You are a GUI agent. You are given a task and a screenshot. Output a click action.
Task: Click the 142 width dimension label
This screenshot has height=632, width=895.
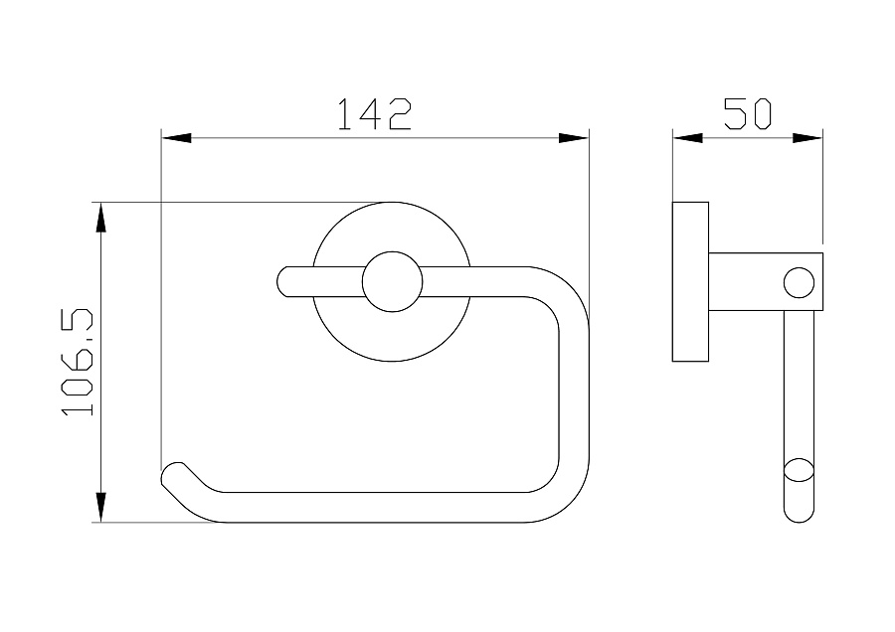pyautogui.click(x=375, y=114)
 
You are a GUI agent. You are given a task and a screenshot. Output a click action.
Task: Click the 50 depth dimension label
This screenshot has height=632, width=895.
pyautogui.click(x=747, y=113)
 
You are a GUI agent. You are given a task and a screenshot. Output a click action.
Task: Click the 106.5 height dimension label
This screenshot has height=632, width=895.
pyautogui.click(x=78, y=362)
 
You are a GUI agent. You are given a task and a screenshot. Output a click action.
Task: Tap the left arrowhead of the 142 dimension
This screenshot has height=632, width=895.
pyautogui.click(x=176, y=138)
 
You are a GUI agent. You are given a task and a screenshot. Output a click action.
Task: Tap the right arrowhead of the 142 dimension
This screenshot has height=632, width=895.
pyautogui.click(x=574, y=138)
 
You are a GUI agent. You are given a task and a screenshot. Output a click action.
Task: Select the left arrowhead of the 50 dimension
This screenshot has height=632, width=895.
pyautogui.click(x=687, y=138)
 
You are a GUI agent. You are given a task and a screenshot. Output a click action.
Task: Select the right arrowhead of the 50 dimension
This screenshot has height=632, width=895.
pyautogui.click(x=807, y=138)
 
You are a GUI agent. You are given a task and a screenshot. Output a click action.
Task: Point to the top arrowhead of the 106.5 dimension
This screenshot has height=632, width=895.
pyautogui.click(x=101, y=218)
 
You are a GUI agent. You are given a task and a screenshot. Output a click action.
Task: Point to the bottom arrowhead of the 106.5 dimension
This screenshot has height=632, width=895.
pyautogui.click(x=101, y=507)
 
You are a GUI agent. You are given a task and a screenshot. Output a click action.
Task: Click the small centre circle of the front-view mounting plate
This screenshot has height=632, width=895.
pyautogui.click(x=392, y=282)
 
